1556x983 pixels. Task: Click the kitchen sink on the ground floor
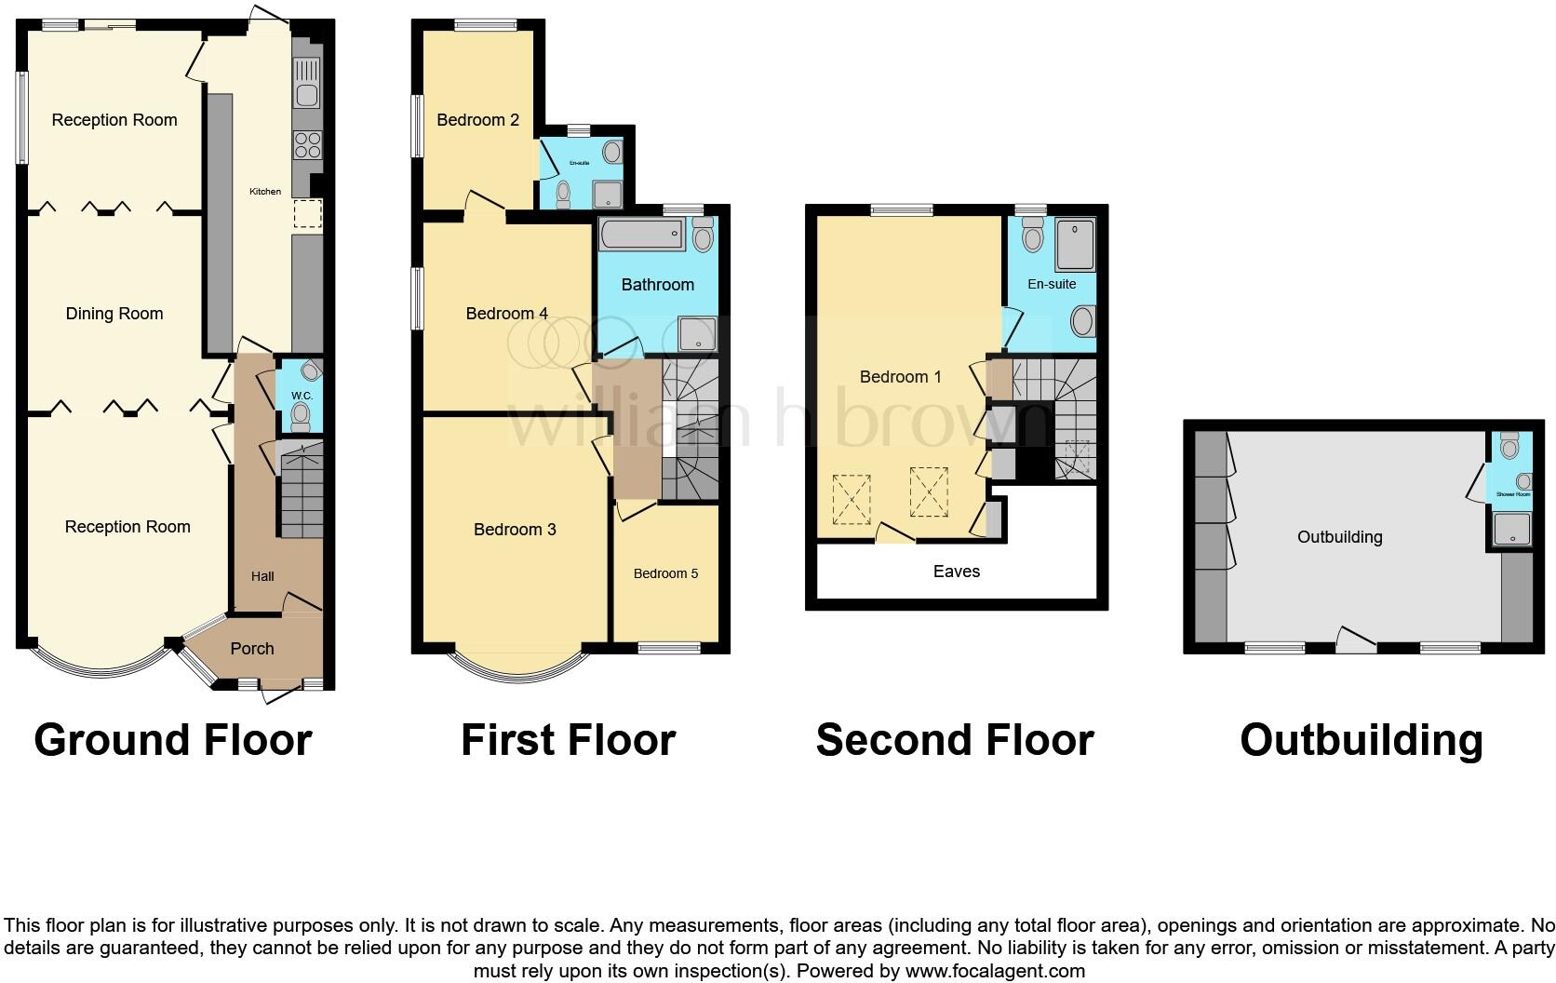(x=306, y=83)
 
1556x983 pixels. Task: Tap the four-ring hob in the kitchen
(x=307, y=145)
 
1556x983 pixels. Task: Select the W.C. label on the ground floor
(x=302, y=396)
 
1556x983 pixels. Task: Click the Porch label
(x=252, y=649)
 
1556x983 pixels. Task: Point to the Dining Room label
(x=114, y=314)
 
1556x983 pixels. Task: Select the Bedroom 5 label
(x=665, y=573)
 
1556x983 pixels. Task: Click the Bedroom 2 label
(x=477, y=119)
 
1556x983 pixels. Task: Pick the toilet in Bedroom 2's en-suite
(x=562, y=194)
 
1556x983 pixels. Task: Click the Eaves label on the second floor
(x=957, y=572)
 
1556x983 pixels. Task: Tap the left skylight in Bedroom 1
(x=852, y=499)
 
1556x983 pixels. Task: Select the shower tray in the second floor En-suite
(x=1074, y=244)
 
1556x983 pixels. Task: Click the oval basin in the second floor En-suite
(x=1082, y=322)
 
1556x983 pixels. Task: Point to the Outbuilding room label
(x=1339, y=537)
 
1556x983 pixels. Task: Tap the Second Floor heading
(x=955, y=741)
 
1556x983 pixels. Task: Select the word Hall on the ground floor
(x=262, y=576)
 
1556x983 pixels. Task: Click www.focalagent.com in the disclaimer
(x=994, y=971)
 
